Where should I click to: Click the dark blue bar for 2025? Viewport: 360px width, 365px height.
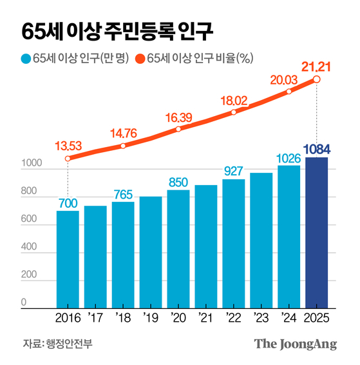pyautogui.click(x=316, y=232)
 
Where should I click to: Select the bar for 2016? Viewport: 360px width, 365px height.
pyautogui.click(x=68, y=259)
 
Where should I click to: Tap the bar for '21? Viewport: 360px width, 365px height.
pyautogui.click(x=206, y=246)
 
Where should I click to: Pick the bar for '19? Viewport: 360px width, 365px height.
pyautogui.click(x=151, y=252)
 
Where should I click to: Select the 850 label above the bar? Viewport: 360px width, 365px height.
pyautogui.click(x=178, y=182)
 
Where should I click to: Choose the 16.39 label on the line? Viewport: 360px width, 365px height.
pyautogui.click(x=178, y=117)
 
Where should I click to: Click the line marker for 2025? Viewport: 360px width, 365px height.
pyautogui.click(x=316, y=79)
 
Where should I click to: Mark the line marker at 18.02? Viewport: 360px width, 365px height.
pyautogui.click(x=234, y=112)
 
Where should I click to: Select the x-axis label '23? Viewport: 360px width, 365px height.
pyautogui.click(x=261, y=318)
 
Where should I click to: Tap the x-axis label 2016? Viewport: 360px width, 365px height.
pyautogui.click(x=68, y=318)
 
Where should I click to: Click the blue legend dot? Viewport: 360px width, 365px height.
pyautogui.click(x=26, y=59)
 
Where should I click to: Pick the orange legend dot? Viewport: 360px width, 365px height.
pyautogui.click(x=140, y=59)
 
